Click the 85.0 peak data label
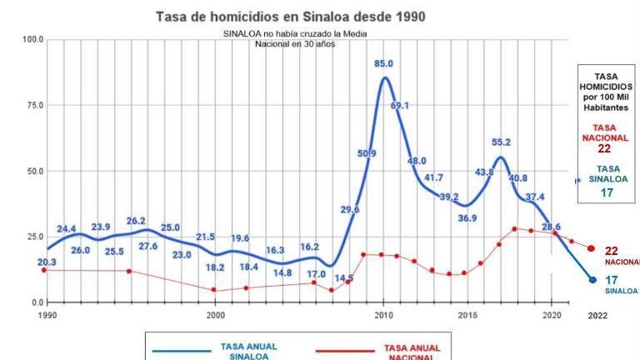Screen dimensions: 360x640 (383, 63)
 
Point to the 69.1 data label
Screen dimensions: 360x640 (400, 106)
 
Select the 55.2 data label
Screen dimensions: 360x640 (502, 142)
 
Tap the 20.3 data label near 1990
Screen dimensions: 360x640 (47, 262)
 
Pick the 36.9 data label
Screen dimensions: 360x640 (467, 218)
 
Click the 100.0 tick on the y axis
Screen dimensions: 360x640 (32, 40)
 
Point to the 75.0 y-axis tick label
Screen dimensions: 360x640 (32, 106)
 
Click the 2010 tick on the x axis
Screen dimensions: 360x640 (383, 315)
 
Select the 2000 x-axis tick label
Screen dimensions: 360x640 (216, 315)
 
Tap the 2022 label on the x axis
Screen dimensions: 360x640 (597, 316)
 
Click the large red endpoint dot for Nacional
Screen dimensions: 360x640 (591, 248)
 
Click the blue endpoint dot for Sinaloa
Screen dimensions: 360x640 (592, 280)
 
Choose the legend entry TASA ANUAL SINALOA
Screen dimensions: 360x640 (249, 350)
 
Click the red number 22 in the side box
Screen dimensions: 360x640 (604, 148)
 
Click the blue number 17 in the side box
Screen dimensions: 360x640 (607, 192)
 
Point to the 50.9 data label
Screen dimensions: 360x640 (367, 153)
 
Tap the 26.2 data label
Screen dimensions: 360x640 (136, 221)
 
